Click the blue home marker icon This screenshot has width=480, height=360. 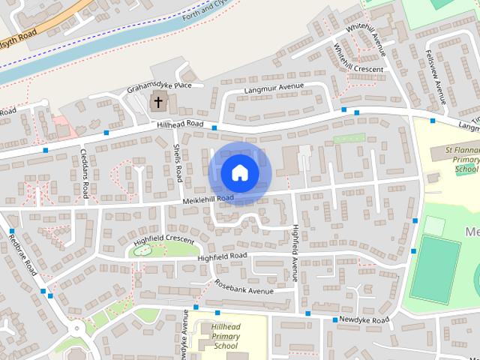tap(239, 172)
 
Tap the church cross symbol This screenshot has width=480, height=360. tap(158, 102)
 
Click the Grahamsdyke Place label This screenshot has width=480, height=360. tap(160, 86)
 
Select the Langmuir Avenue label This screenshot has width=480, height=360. tap(274, 89)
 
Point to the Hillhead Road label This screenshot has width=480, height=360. tap(181, 124)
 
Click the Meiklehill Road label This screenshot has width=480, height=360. tap(207, 199)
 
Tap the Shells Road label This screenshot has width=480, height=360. tap(178, 163)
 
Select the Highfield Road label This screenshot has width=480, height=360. tap(222, 256)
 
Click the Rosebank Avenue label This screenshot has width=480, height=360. tap(244, 287)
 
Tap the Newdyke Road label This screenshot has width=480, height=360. tap(365, 320)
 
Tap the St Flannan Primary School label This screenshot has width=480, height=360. tap(457, 159)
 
